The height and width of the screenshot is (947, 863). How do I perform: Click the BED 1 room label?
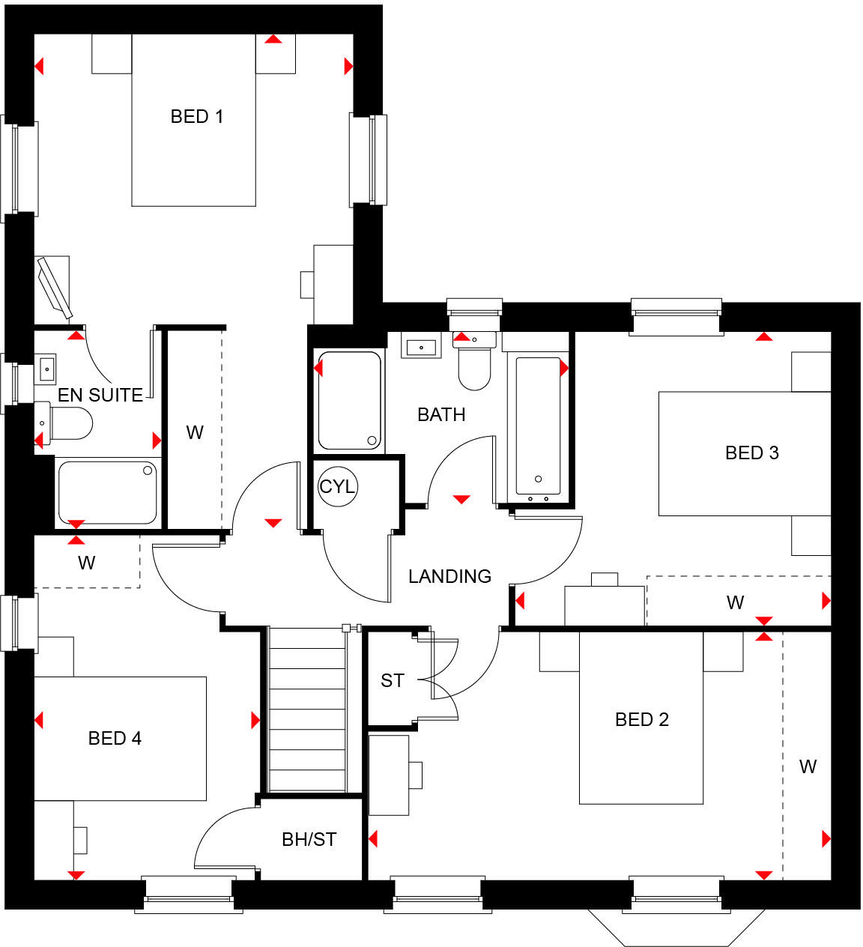[196, 117]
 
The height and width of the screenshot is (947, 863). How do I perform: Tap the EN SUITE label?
[100, 395]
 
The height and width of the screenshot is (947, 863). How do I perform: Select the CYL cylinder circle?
[337, 486]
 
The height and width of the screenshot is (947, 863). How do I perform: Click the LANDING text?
[449, 576]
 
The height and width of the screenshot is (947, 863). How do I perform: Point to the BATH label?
[441, 414]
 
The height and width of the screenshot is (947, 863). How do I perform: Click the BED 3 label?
[751, 453]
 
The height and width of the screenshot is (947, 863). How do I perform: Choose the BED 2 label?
[641, 719]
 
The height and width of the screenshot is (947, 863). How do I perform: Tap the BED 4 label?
[115, 738]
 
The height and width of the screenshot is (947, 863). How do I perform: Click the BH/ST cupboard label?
[309, 839]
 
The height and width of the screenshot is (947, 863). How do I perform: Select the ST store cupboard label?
[392, 680]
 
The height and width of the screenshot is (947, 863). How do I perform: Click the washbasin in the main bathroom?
[422, 347]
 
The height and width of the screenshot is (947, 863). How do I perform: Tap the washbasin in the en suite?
[46, 368]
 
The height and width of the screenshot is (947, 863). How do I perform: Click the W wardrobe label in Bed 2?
[807, 766]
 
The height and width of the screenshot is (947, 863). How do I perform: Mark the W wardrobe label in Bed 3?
[735, 602]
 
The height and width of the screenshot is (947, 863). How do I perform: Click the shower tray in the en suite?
[107, 492]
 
